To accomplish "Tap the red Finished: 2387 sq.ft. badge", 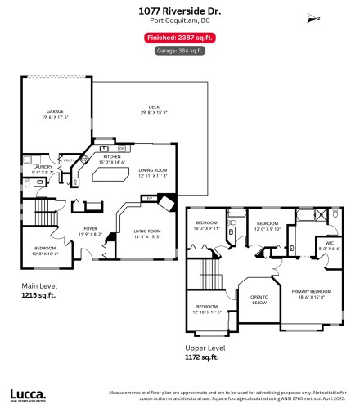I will click(179, 38).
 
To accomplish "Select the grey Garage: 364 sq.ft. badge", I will click(179, 51).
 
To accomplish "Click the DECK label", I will click(154, 110).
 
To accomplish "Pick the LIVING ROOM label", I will click(147, 235).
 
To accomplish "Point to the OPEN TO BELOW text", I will click(259, 299).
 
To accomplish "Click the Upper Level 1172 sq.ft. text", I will click(205, 353).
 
